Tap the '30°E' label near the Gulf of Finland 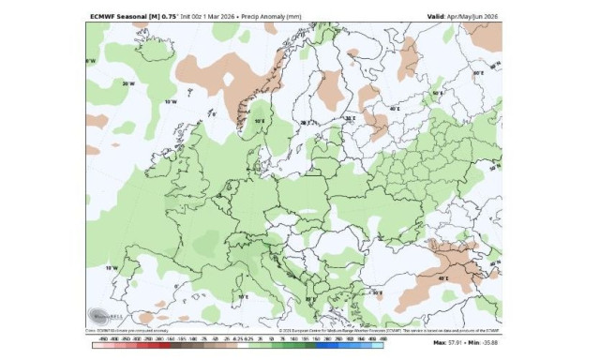pyautogui.click(x=349, y=118)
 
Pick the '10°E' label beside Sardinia pyautogui.click(x=242, y=297)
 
